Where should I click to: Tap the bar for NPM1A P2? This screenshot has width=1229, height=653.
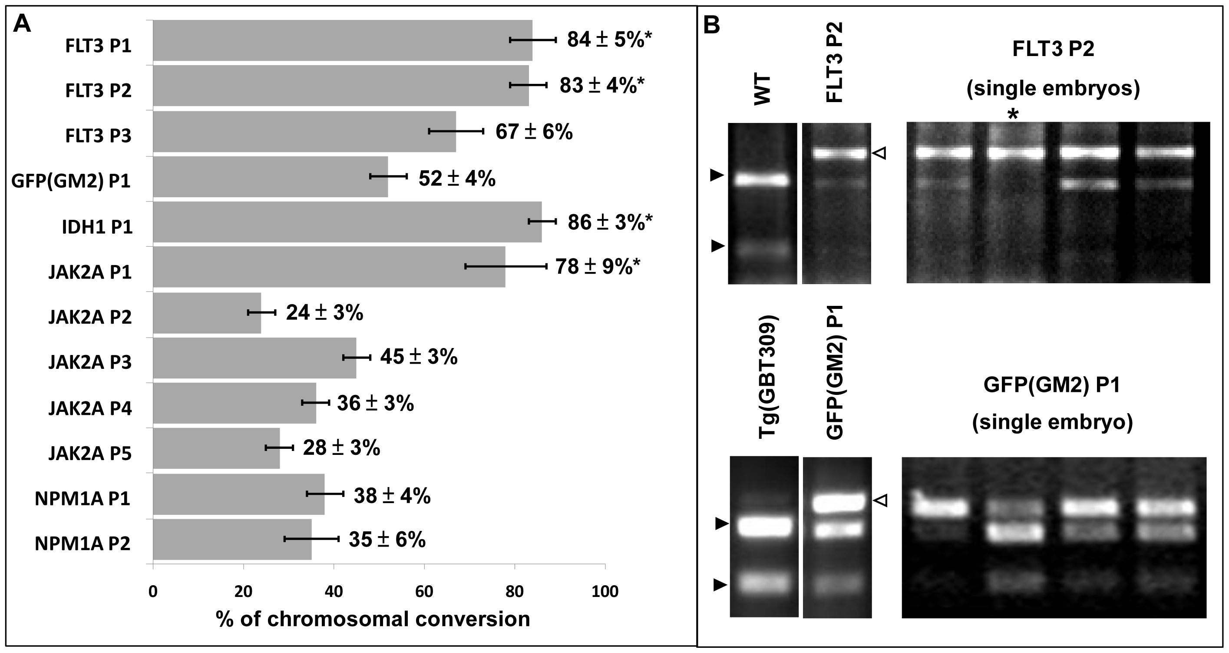coord(232,540)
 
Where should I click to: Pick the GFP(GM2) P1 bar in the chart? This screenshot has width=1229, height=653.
coord(270,177)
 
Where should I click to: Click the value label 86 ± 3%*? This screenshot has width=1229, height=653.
coord(610,222)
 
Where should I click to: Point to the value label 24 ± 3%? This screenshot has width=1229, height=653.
coord(324,313)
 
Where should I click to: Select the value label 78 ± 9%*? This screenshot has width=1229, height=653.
coord(597,267)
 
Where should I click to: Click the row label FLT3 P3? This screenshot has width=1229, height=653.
coord(98,136)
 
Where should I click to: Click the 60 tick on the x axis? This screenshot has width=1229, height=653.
coord(424,592)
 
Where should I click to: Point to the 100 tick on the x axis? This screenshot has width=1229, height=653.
coord(605,592)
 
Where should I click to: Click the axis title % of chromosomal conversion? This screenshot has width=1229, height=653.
coord(373,619)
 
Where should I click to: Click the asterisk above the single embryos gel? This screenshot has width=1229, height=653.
coord(1012,115)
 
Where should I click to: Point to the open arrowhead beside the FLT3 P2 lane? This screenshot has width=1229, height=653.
coord(879,153)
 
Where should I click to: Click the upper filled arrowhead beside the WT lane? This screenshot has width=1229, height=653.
coord(717,175)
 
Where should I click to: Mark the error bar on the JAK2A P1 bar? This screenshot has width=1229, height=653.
coord(506,266)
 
